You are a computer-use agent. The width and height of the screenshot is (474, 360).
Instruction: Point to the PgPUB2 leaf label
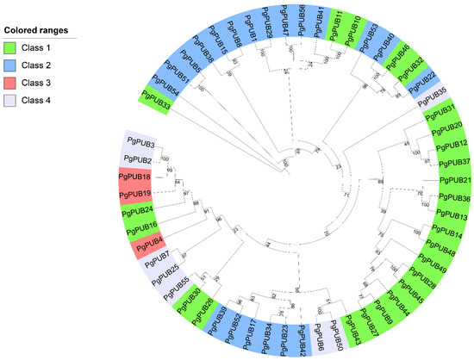point(138,159)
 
